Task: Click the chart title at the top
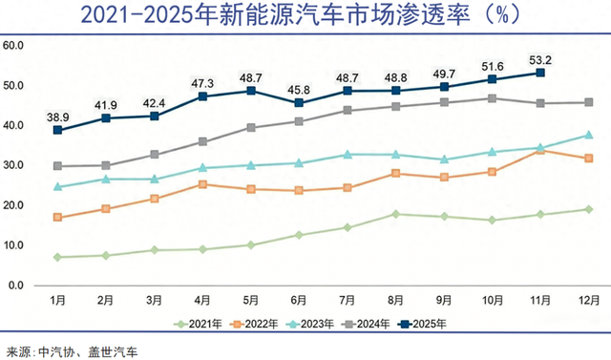point(305,16)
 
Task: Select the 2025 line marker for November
point(540,73)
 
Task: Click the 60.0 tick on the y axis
point(14,45)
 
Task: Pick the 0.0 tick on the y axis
point(16,285)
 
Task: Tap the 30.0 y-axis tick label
point(14,165)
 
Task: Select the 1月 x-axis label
point(59,300)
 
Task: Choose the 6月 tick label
point(300,300)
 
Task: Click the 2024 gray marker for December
point(588,102)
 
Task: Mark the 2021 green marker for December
point(588,209)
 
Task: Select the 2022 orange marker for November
point(540,150)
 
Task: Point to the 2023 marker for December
point(588,135)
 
